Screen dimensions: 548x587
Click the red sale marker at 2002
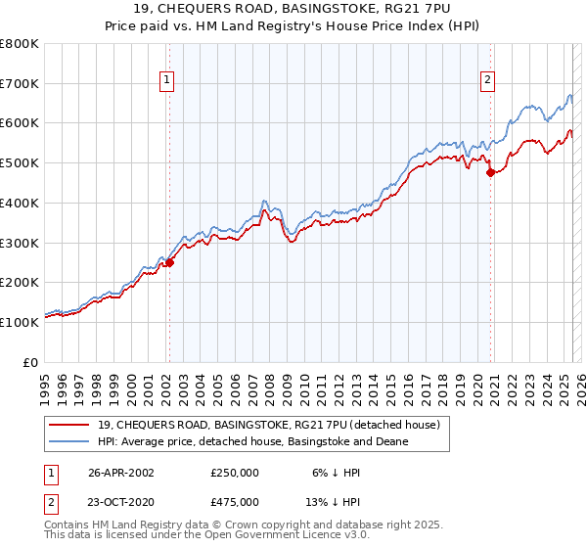point(169,262)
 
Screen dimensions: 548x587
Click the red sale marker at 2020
point(490,173)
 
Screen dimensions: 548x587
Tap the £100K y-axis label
point(20,321)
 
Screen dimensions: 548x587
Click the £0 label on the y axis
point(32,361)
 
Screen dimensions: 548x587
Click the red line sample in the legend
point(68,425)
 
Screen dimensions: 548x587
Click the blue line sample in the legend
point(68,442)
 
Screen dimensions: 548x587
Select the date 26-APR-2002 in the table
point(121,471)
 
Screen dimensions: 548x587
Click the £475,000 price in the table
point(235,502)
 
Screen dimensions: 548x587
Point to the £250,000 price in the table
point(235,471)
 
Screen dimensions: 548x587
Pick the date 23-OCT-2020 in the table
point(121,502)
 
